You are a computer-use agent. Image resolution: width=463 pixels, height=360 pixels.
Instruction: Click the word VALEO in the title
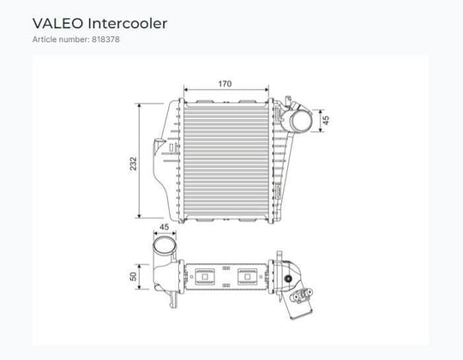pos(58,24)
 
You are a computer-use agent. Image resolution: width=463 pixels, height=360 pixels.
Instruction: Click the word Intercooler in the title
pos(128,24)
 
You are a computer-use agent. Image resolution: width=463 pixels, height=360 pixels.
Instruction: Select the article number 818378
pos(105,39)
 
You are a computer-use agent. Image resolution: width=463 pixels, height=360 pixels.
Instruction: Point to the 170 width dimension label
pos(225,84)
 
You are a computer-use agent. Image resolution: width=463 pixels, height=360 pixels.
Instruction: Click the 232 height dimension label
pos(134,164)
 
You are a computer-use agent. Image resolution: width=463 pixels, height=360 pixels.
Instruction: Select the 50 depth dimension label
pos(133,277)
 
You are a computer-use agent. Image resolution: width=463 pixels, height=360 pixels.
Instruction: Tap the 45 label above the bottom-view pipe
pos(164,227)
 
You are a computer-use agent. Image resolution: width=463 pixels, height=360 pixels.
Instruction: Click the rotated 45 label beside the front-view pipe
pos(326,120)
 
